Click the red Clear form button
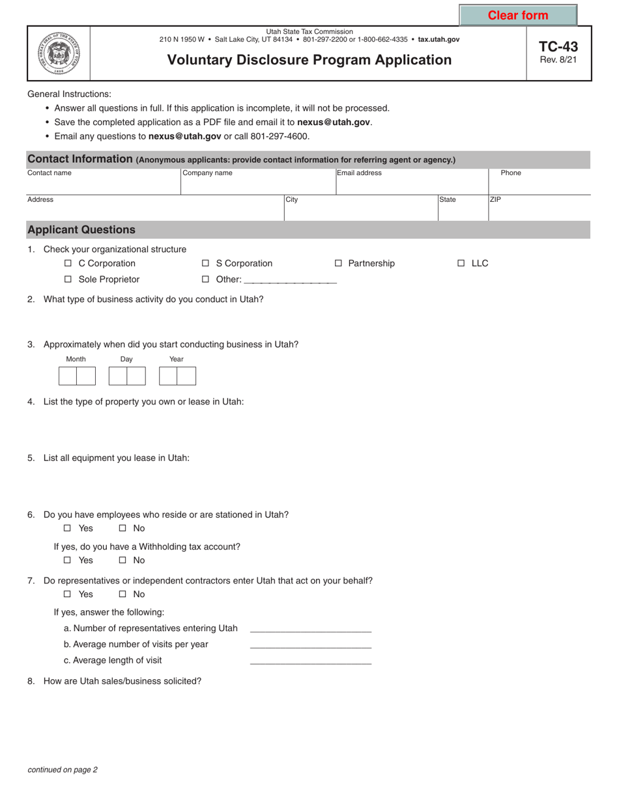[518, 15]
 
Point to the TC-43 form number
[558, 47]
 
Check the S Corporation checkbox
[205, 264]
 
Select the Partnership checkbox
[338, 264]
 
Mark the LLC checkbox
[461, 264]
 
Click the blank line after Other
[290, 280]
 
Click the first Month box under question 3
[68, 376]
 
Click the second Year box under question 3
[186, 376]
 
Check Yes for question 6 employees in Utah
[68, 529]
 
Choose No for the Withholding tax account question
[122, 560]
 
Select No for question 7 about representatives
[122, 594]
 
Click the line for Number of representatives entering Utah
[310, 629]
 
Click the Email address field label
[360, 173]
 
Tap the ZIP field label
[496, 200]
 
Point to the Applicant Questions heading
[81, 230]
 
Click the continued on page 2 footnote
[63, 770]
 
